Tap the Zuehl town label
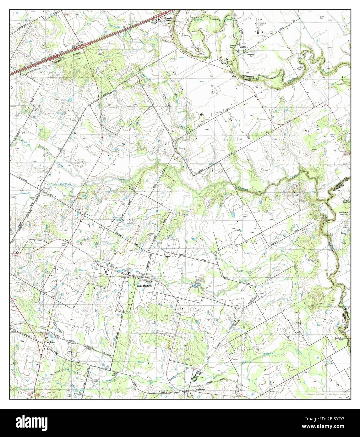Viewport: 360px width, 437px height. point(243,47)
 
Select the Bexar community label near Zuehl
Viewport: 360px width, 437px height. point(223,63)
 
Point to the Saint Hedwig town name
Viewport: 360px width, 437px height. point(144,286)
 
